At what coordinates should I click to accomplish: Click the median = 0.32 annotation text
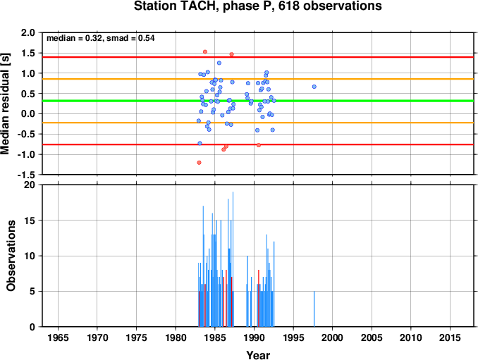click(74, 38)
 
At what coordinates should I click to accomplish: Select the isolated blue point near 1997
click(314, 87)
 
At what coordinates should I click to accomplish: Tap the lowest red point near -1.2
click(199, 163)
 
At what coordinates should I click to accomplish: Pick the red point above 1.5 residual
click(205, 52)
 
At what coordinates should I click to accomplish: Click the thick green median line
click(258, 101)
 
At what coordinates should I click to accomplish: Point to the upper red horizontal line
click(258, 57)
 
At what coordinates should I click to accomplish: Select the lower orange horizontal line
click(258, 123)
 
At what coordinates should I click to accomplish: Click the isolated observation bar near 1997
click(314, 309)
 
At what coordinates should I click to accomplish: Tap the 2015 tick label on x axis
click(450, 337)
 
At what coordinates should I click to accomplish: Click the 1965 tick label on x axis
click(58, 337)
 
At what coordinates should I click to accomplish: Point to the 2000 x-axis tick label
click(332, 337)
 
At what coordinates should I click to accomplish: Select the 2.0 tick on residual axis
click(28, 32)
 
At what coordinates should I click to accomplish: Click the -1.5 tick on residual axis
click(26, 175)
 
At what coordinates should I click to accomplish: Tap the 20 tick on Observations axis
click(30, 185)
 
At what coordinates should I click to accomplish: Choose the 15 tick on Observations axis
click(30, 221)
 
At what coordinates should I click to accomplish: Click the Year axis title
click(258, 355)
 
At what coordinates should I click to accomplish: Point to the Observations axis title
click(11, 256)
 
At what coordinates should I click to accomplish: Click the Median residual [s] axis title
click(6, 104)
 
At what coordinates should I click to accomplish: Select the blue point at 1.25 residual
click(219, 63)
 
